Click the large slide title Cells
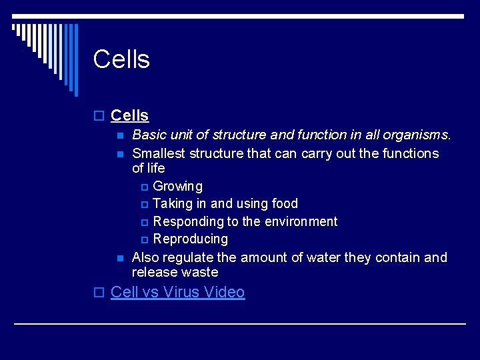point(121,59)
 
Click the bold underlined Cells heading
point(129,116)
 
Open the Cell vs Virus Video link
point(177,292)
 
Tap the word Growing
point(177,186)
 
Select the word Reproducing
point(190,239)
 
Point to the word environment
point(304,221)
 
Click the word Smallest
point(159,153)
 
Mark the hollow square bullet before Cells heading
point(99,117)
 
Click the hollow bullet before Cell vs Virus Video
point(99,293)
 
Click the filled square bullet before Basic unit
point(120,136)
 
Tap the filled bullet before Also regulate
point(120,258)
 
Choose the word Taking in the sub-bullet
point(172,203)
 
